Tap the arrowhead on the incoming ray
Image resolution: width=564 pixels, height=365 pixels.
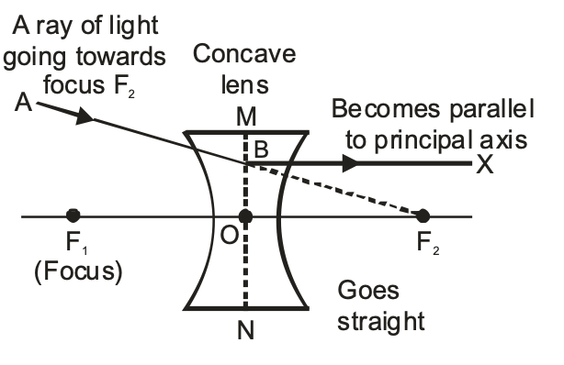(x=85, y=116)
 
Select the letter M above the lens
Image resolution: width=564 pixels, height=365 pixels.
(x=245, y=117)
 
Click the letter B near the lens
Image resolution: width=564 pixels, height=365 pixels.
(x=262, y=152)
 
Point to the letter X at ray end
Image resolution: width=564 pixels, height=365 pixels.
(x=484, y=165)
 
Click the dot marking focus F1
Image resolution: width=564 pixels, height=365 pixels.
(x=73, y=216)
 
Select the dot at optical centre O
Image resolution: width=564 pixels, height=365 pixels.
(x=245, y=216)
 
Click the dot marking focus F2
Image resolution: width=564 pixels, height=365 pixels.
(x=423, y=216)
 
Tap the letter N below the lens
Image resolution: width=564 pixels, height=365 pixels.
(x=245, y=331)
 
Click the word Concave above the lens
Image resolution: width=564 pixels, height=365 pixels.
(x=244, y=54)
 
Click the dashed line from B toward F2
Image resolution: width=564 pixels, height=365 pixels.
(x=349, y=193)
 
